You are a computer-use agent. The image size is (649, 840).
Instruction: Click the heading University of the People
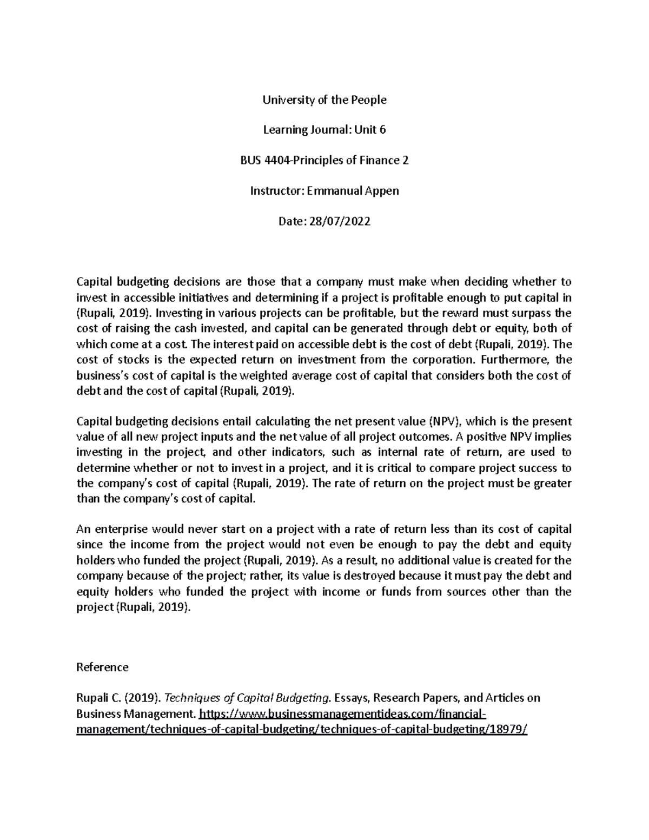(x=325, y=100)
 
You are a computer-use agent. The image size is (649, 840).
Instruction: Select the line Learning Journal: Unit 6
(x=325, y=130)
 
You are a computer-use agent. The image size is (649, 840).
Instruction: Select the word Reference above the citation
(x=103, y=667)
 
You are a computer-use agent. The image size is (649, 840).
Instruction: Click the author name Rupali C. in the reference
(x=96, y=698)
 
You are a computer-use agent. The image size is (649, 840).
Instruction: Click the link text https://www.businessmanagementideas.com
(x=316, y=713)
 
